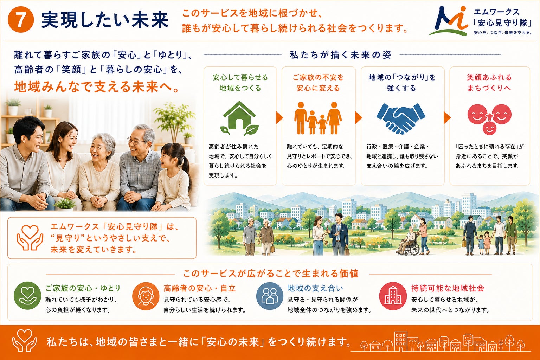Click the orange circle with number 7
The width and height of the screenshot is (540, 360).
[x=20, y=20]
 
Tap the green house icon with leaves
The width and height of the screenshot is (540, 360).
[x=239, y=118]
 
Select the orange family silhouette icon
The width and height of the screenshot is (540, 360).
[x=318, y=118]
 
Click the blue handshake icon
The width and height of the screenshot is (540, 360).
[x=401, y=118]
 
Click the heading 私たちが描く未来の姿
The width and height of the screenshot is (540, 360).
[x=340, y=55]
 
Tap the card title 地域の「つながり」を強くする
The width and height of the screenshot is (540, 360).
[x=402, y=83]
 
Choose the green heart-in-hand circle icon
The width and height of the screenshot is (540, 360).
[x=27, y=296]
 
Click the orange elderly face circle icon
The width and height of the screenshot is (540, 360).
[x=146, y=296]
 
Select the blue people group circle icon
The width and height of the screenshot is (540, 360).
[x=270, y=296]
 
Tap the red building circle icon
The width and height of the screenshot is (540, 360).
[x=393, y=296]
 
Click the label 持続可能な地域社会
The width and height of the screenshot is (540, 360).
[x=448, y=288]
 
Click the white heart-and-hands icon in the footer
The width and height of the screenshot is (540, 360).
[x=25, y=340]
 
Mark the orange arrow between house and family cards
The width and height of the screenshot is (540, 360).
[x=279, y=118]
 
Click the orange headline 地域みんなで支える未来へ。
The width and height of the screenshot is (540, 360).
[x=97, y=86]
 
